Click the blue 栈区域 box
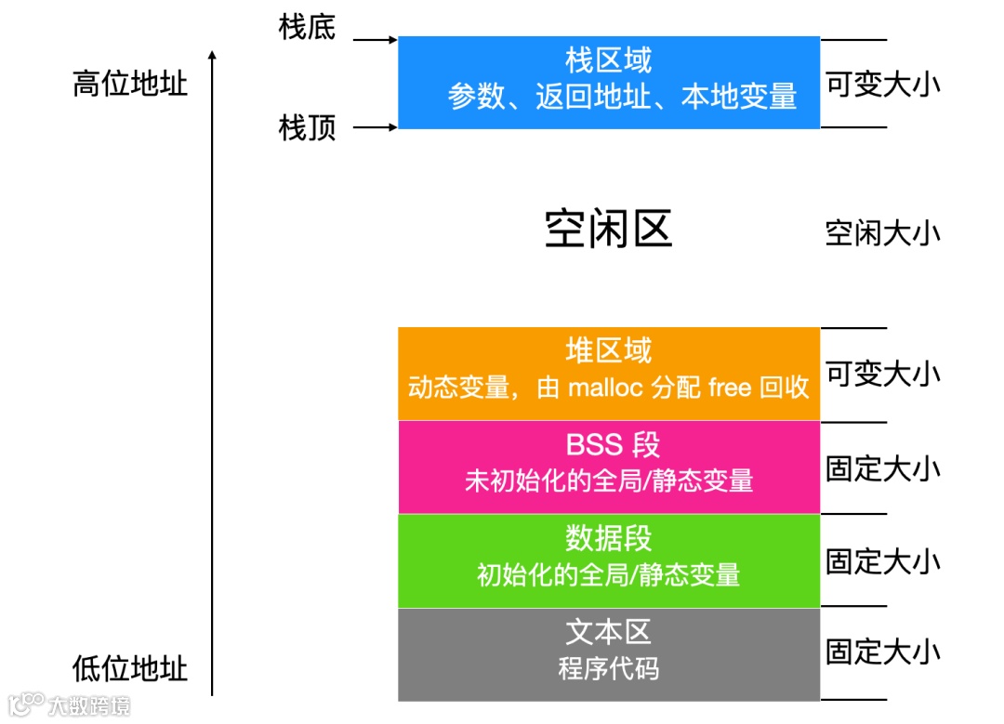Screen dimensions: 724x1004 [609, 82]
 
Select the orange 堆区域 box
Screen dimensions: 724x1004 [609, 373]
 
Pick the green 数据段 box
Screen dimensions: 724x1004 [609, 560]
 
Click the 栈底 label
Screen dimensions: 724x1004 [307, 27]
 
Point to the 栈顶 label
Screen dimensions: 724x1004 [307, 127]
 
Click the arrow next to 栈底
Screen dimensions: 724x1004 [376, 40]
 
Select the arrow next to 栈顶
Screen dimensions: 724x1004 [376, 126]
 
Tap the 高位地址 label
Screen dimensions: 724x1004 [130, 85]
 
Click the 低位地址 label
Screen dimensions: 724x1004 [130, 668]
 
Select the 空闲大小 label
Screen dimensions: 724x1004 [882, 232]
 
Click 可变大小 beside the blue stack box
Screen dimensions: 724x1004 [882, 85]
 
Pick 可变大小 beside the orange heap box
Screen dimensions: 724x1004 [882, 374]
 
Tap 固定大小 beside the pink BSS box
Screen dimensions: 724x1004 [882, 467]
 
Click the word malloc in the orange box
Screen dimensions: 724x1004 [605, 388]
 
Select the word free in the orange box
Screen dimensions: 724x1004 [730, 388]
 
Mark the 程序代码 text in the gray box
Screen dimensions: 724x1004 [609, 668]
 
